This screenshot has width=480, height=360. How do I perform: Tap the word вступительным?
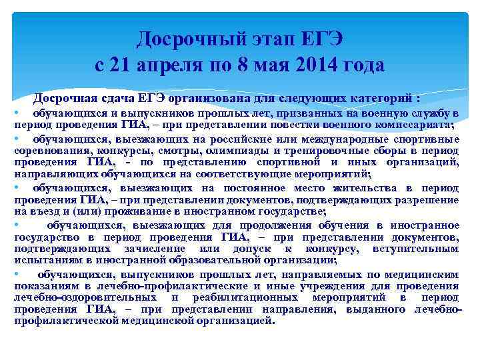point(418,249)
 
